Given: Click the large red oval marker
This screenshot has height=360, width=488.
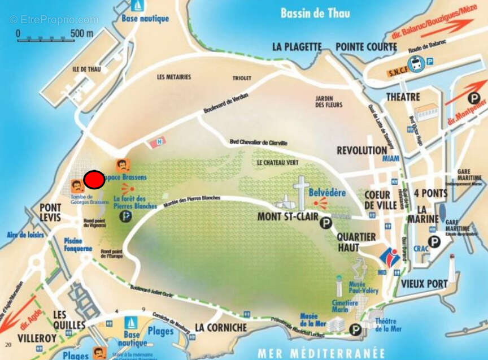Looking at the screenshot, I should [x=94, y=180].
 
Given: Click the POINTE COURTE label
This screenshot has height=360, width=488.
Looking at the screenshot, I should [x=366, y=47].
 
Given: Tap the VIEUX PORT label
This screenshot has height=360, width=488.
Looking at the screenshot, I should [x=424, y=284].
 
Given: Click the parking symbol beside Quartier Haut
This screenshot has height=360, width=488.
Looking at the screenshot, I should [x=326, y=224].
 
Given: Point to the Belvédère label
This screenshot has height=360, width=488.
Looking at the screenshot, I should [x=327, y=193].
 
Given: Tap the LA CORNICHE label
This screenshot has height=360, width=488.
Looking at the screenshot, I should [x=221, y=328].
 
